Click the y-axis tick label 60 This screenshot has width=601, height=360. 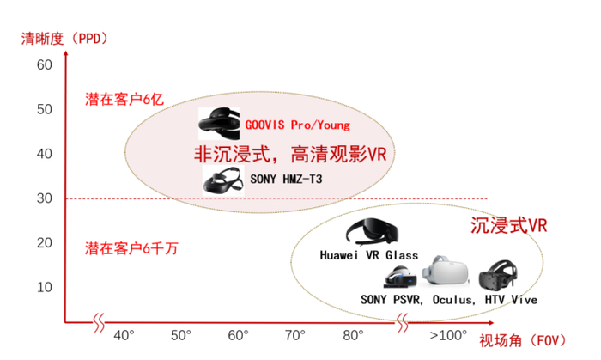pos(45,65)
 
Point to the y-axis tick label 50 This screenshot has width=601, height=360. pos(45,110)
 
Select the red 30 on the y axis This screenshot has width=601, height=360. pos(45,198)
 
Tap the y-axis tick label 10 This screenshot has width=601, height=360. pos(45,287)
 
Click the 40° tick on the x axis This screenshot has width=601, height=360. pos(124,335)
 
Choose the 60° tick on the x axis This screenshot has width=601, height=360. pos(238,335)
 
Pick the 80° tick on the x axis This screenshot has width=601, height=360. pos(353,335)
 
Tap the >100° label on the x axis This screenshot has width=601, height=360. pos(447,335)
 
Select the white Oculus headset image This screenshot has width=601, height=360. pos(447,273)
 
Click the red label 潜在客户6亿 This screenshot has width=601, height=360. pos(123,98)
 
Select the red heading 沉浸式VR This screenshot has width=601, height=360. pos(508,226)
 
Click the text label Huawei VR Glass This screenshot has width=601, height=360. pos(368,255)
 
